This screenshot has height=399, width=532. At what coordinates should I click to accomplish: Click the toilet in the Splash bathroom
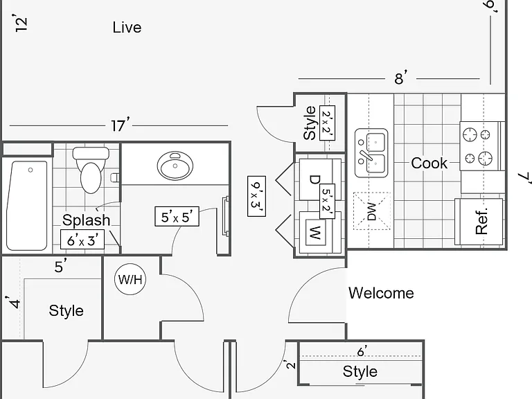coord(91,170)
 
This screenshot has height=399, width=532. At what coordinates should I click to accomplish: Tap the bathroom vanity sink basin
coord(175,166)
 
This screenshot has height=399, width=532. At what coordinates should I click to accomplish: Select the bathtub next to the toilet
coord(27,206)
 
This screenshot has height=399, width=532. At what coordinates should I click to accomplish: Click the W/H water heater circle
coord(130,280)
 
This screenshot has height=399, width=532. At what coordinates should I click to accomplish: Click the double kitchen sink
coord(371,153)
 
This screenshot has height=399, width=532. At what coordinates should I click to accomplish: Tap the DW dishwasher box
coord(372,211)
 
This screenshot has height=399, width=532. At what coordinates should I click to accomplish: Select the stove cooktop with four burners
coord(480,146)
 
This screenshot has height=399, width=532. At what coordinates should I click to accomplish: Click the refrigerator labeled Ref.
coord(479,222)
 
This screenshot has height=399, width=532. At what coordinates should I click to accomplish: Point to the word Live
coord(127,28)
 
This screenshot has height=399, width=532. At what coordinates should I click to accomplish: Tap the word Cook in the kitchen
coord(429,163)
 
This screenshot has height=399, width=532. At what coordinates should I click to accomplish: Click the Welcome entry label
coord(382,293)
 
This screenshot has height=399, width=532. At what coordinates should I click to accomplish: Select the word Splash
coord(86,220)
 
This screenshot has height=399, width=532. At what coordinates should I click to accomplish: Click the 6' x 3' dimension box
coord(82,239)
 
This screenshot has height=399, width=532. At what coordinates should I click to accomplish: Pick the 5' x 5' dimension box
coord(177,216)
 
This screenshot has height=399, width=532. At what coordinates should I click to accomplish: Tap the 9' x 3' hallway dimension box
coord(256,196)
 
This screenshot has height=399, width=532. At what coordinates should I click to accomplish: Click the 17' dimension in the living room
coord(120,125)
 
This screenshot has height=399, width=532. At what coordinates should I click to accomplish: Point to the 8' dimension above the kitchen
coord(400,78)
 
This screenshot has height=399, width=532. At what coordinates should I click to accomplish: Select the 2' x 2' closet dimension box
coord(328,123)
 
